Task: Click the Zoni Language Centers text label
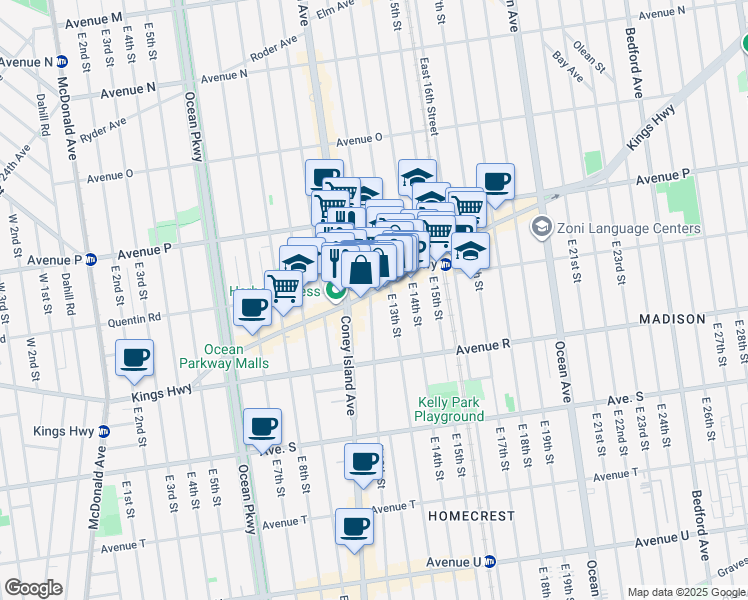click(x=629, y=228)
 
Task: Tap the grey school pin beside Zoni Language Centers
click(x=543, y=228)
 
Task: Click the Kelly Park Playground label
click(x=450, y=409)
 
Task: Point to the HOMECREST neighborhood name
click(x=471, y=516)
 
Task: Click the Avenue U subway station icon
click(x=490, y=562)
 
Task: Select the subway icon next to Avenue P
click(x=91, y=259)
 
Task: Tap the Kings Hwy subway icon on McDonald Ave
click(x=103, y=432)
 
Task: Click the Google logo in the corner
click(x=33, y=588)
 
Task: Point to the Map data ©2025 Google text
click(x=685, y=592)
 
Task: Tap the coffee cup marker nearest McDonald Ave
click(x=133, y=358)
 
